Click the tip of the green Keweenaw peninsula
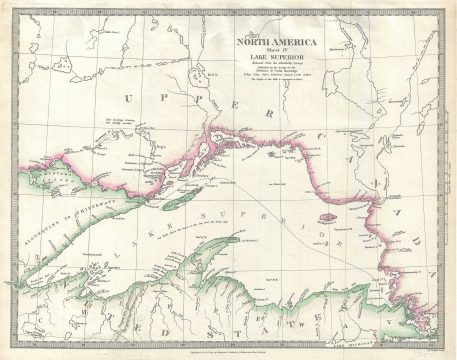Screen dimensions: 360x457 pos(239,239)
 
